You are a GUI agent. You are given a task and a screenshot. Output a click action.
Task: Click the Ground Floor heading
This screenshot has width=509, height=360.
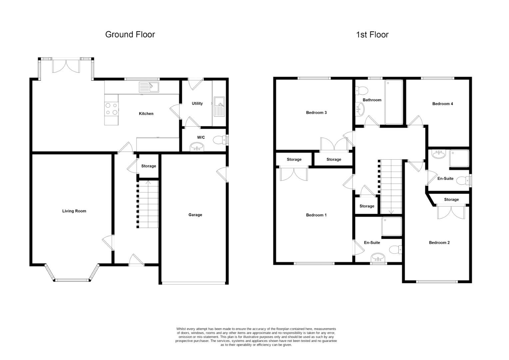[130, 34]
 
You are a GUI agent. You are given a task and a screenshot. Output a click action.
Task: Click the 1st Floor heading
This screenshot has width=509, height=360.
[372, 35]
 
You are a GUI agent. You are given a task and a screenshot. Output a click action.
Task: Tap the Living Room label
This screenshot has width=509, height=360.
[74, 211]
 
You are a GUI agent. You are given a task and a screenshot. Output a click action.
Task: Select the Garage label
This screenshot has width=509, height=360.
[195, 215]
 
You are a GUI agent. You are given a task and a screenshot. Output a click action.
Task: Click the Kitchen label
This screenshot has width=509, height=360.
[146, 114]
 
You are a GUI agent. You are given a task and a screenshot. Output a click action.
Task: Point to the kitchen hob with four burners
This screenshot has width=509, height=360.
[111, 109]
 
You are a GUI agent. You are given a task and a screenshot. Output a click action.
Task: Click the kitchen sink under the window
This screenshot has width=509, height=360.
[149, 87]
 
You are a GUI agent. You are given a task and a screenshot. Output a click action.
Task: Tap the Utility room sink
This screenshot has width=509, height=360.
[219, 106]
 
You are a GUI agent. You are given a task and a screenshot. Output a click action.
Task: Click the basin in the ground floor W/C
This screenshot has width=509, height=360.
[198, 147]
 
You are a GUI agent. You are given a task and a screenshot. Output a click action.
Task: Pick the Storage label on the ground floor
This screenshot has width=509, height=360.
[149, 166]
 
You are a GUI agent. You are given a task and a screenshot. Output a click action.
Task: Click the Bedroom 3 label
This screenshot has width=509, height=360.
[316, 113]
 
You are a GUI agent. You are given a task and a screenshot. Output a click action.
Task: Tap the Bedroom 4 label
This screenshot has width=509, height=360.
[442, 104]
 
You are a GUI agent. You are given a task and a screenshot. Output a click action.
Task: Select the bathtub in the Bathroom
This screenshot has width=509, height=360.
[393, 102]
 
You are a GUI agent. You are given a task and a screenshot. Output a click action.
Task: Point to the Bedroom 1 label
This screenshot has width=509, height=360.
[316, 215]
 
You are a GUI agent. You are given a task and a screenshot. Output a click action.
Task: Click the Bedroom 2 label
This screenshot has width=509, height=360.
[439, 243]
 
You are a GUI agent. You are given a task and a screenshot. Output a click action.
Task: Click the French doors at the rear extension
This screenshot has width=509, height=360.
[66, 66]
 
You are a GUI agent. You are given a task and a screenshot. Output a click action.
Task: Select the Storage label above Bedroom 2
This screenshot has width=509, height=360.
[451, 200]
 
